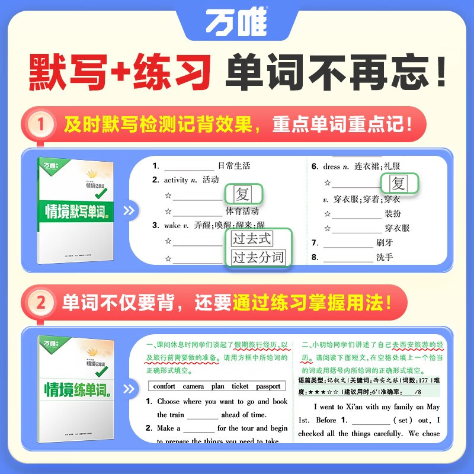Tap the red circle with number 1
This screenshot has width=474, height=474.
click(41, 126)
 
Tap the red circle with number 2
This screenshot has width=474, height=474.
click(41, 303)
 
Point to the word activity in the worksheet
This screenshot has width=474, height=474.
click(176, 180)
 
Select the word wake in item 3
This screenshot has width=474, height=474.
click(172, 225)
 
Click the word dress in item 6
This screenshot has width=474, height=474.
click(332, 167)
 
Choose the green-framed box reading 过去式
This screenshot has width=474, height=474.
click(252, 239)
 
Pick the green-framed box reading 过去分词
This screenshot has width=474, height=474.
click(258, 258)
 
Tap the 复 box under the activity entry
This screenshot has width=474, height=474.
click(242, 194)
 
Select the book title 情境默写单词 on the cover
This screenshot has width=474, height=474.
click(79, 210)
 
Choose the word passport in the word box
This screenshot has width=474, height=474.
click(268, 386)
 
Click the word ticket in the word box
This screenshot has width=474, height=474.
click(240, 386)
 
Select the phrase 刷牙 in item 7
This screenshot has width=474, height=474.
click(385, 242)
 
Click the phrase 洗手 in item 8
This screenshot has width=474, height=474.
click(385, 257)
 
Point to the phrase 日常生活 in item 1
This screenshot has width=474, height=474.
click(234, 166)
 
